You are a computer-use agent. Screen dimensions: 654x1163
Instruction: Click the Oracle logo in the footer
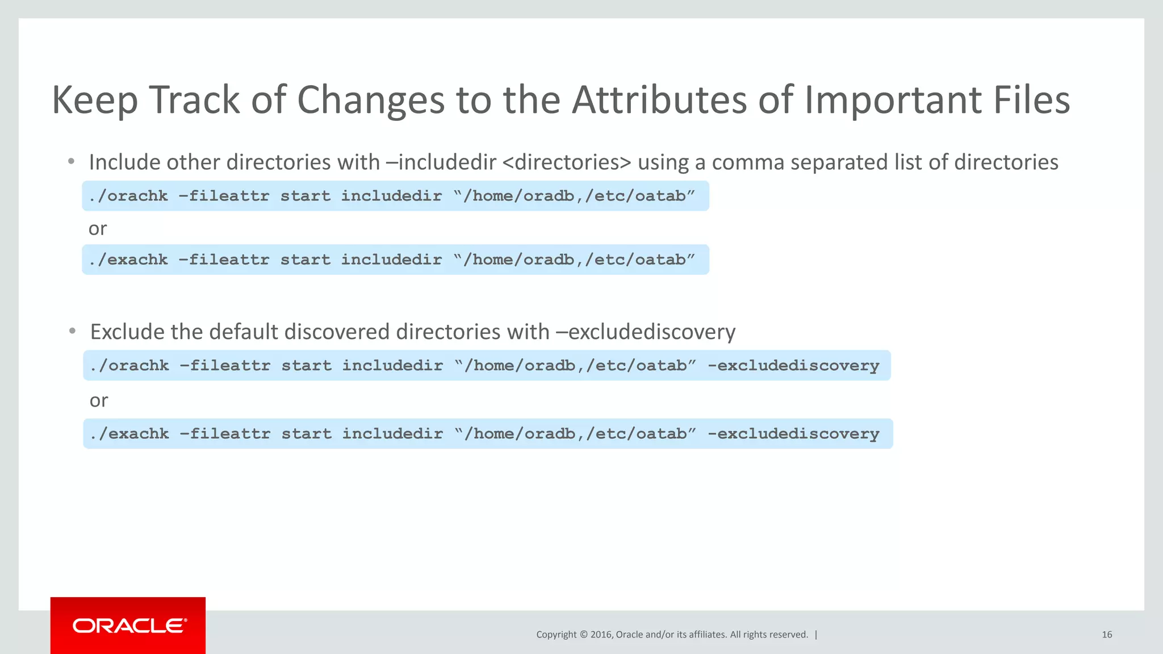[129, 626]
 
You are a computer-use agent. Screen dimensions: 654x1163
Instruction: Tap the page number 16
[1106, 635]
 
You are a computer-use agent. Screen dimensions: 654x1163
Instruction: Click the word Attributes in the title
[659, 100]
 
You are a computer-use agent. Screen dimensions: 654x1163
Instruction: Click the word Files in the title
[1031, 100]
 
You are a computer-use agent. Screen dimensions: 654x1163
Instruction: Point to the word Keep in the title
[94, 101]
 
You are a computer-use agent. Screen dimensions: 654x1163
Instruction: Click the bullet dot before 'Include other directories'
[71, 162]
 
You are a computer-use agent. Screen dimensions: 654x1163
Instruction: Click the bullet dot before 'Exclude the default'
[72, 331]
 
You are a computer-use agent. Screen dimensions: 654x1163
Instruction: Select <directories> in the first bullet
[567, 162]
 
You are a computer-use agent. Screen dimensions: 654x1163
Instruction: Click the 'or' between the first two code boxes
[97, 229]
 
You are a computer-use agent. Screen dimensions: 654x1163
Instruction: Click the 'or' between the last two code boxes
[98, 401]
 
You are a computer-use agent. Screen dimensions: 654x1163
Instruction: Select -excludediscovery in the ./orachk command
[793, 366]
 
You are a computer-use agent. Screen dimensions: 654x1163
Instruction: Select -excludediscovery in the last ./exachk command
[793, 434]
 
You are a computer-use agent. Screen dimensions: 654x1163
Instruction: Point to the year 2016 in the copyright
[601, 635]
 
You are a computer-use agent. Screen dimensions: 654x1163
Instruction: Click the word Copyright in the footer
[556, 635]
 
